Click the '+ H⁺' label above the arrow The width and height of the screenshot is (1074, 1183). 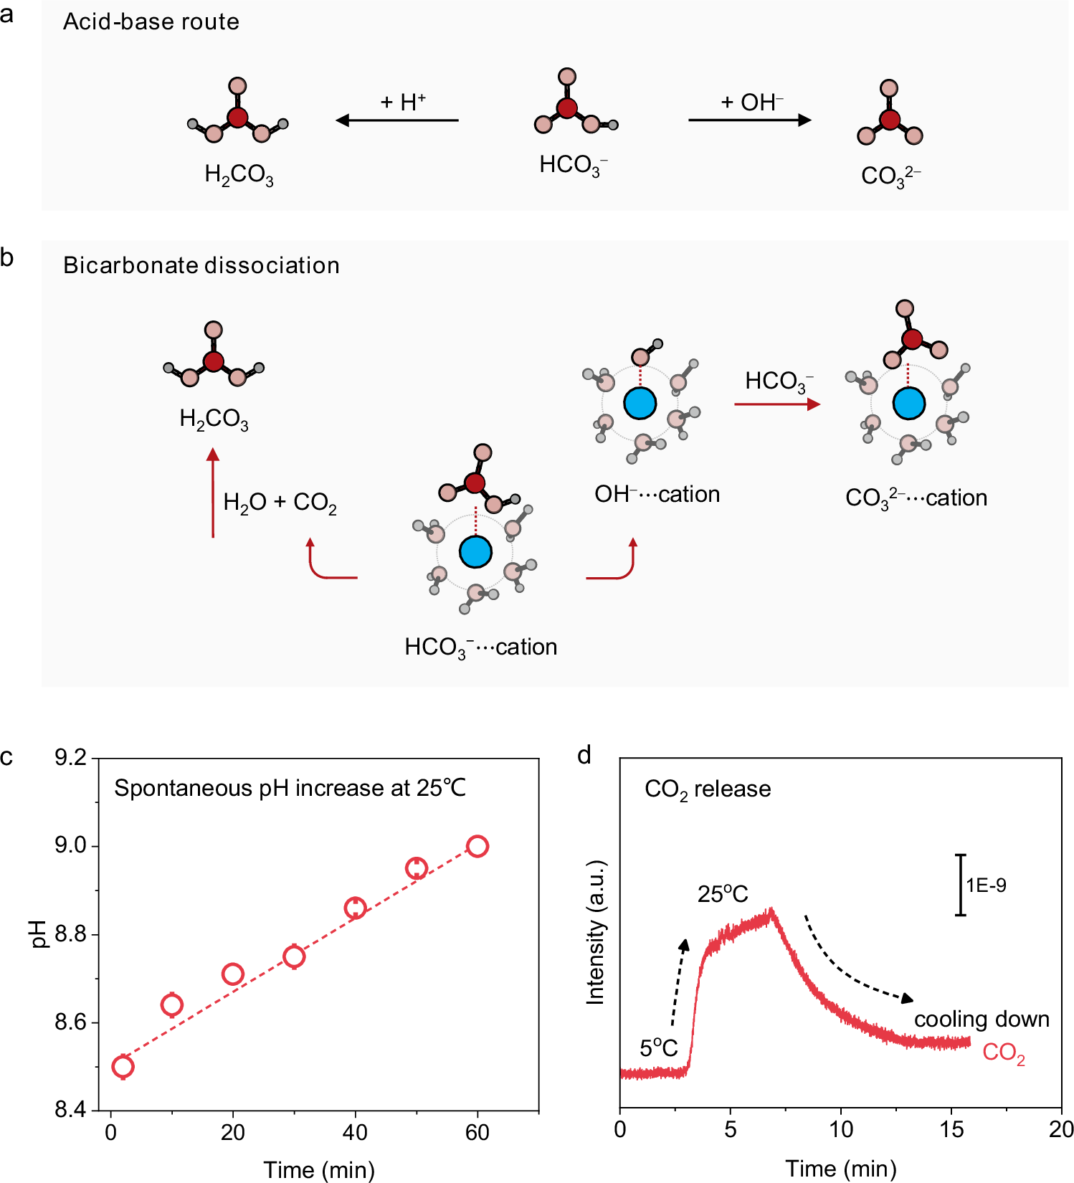402,102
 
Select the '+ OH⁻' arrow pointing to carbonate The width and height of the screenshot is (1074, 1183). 749,120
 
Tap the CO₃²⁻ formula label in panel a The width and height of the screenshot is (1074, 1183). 890,176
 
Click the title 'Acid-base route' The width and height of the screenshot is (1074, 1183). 151,22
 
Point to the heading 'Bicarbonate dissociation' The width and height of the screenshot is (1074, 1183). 201,265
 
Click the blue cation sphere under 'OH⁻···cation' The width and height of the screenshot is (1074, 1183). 640,403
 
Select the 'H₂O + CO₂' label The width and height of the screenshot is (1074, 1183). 280,502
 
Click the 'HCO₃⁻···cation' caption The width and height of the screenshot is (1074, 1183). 480,647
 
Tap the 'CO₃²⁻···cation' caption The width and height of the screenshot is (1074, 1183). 916,498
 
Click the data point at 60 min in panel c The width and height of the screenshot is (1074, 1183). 477,846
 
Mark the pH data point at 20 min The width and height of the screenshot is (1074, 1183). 232,974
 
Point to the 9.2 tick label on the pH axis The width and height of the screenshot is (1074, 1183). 70,757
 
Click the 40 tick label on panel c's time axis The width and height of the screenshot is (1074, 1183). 355,1133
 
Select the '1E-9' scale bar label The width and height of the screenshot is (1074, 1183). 986,885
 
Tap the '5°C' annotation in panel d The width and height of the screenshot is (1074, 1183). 658,1048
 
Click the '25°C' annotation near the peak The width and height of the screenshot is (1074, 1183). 723,894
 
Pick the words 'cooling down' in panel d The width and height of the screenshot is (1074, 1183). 982,1019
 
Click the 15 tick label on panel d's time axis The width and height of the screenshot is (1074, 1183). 951,1130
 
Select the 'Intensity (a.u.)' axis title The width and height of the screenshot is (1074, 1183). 596,932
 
